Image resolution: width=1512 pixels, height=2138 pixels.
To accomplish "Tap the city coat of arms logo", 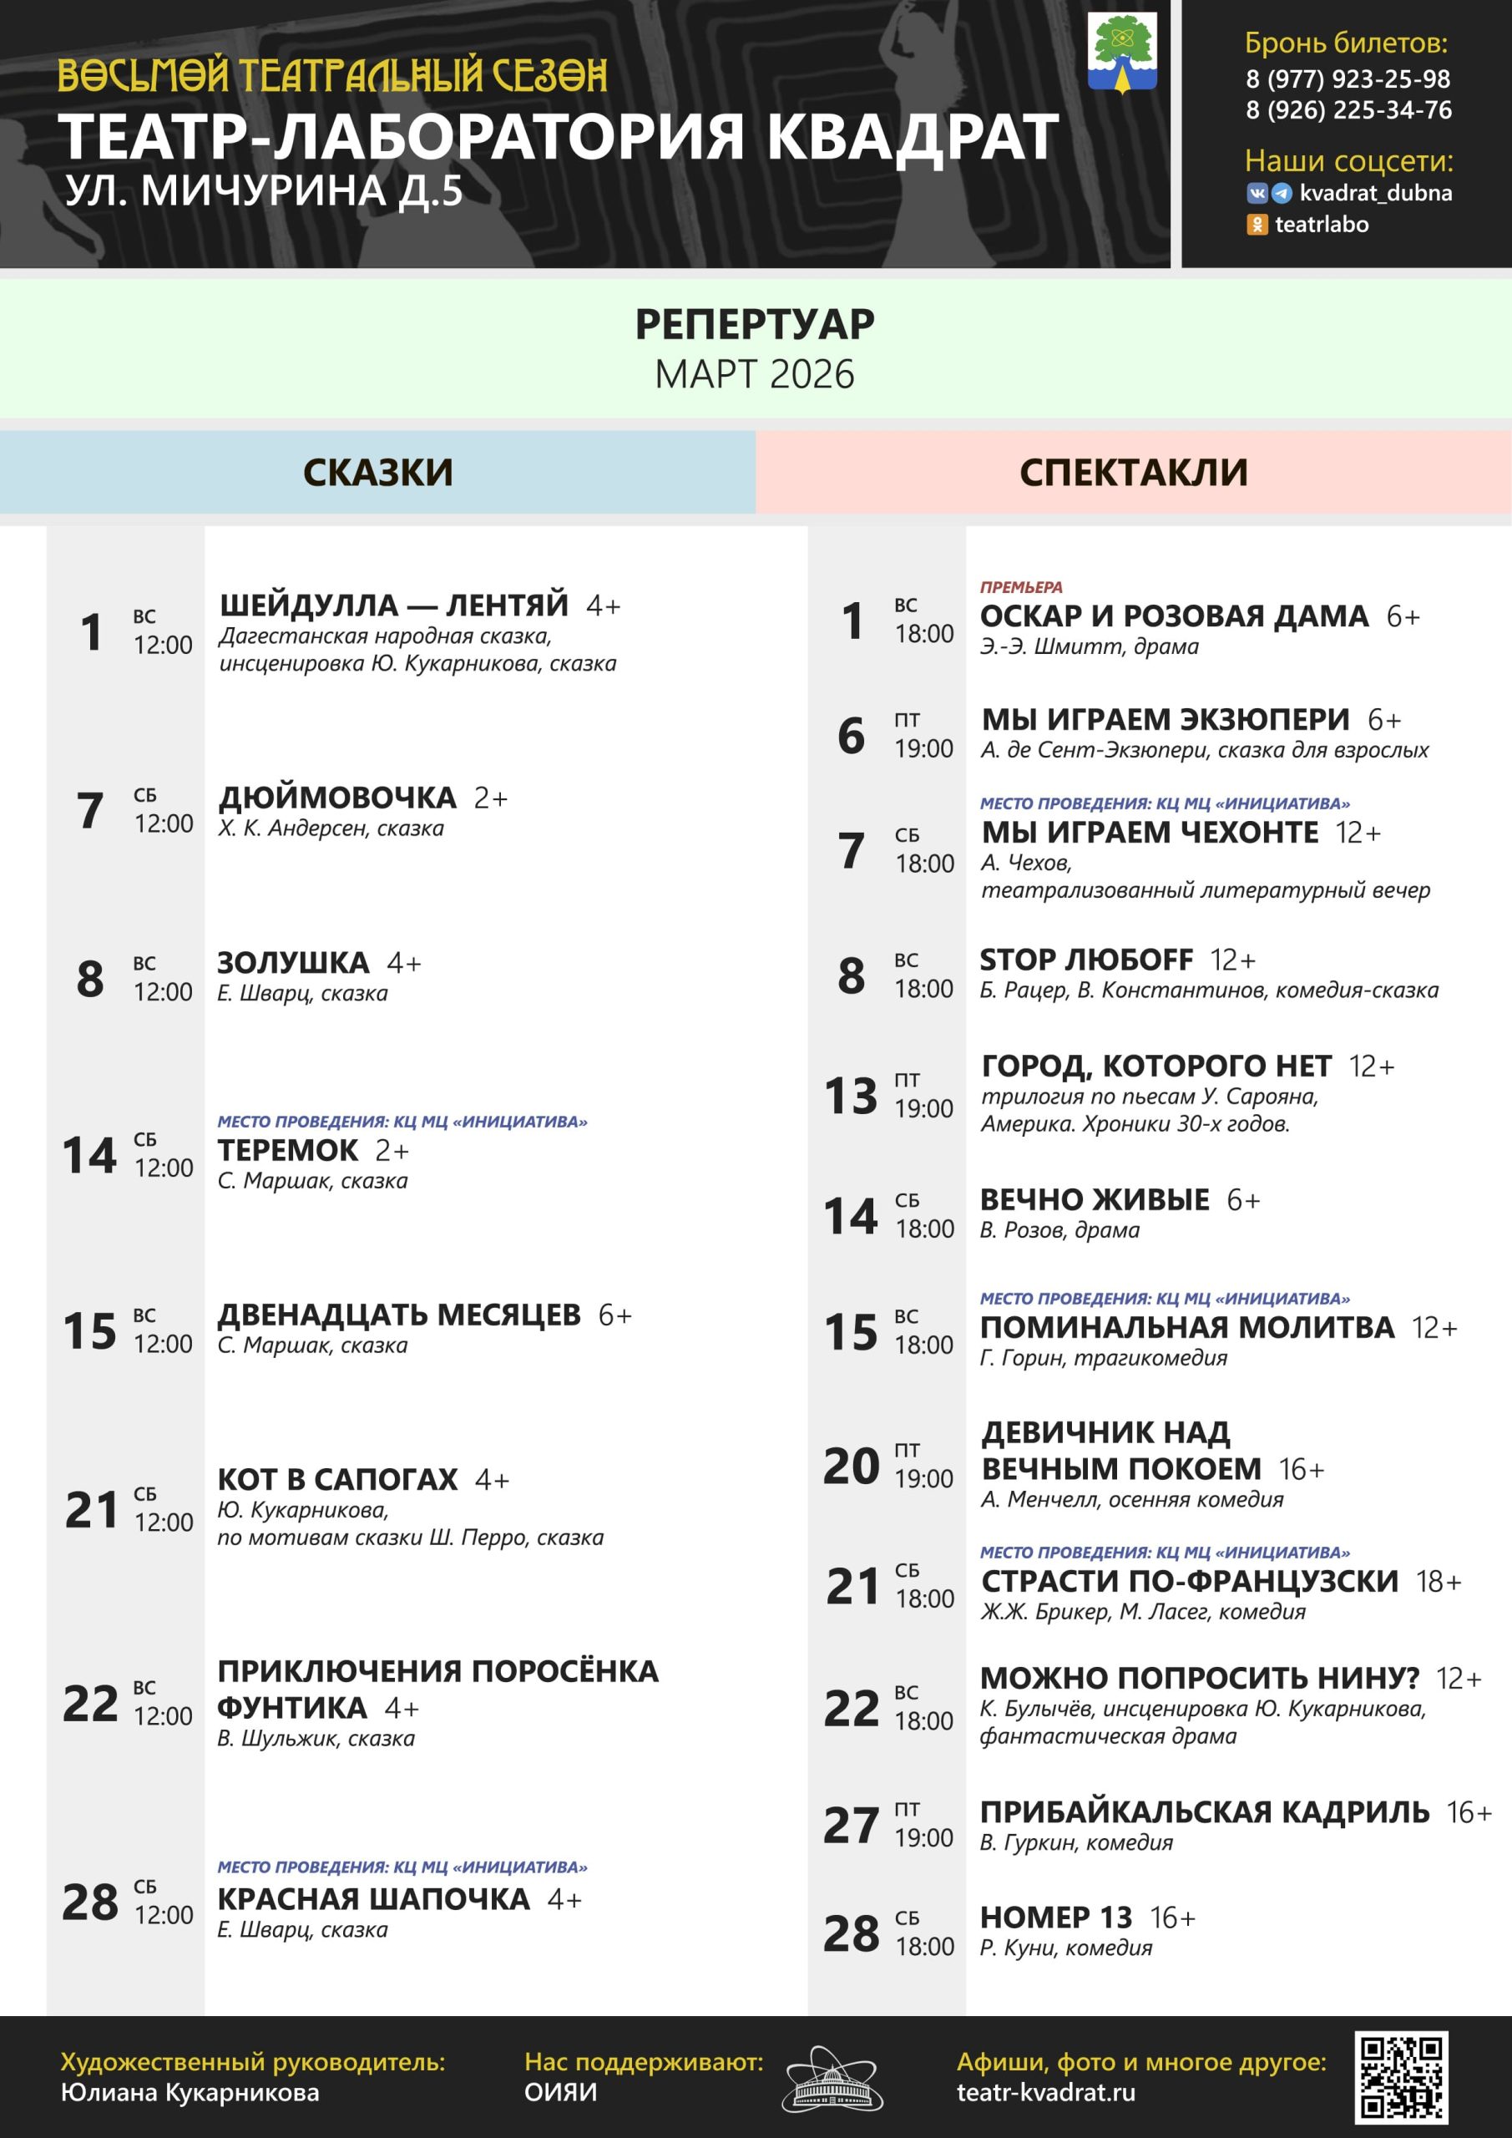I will pos(1122,52).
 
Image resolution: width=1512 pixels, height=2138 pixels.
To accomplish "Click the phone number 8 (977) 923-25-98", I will pos(1348,79).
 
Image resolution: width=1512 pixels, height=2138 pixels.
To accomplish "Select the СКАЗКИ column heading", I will pos(378,472).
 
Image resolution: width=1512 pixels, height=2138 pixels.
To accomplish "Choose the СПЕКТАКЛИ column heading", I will pos(1133,472).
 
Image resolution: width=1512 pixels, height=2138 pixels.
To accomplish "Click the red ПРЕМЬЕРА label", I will pos(1020,588).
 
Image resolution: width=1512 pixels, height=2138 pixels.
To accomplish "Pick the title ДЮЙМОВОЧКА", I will pos(337,798).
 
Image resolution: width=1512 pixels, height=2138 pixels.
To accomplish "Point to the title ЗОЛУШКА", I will pos(293,963).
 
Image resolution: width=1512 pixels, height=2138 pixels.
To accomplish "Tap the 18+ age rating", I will pos(1439,1581).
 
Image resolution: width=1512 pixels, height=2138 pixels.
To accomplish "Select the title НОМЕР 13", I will pos(1056,1918).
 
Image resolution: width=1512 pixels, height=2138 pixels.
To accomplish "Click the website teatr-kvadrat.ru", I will pos(1045,2092).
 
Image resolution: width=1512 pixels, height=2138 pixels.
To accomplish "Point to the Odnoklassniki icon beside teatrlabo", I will pos(1257,225).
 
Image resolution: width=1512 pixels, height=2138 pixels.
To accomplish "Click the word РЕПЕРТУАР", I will pos(754,324).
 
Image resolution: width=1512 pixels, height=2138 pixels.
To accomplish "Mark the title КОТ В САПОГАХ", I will pos(337,1480).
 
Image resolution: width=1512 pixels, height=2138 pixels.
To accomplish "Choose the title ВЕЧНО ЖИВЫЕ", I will pos(1094,1199).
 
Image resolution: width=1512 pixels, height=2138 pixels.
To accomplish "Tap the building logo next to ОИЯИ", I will pos(832,2080).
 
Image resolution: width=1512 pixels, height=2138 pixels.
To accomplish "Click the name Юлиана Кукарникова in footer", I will pos(190,2092).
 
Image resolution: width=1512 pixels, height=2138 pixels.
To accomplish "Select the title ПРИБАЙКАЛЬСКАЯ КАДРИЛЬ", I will pos(1204,1812).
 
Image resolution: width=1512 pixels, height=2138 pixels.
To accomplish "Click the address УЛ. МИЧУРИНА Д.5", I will pos(265,191).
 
